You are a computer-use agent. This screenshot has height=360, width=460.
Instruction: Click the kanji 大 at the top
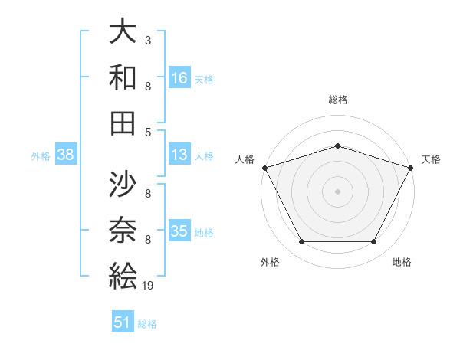123,32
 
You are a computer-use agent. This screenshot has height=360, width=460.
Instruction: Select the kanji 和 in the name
123,77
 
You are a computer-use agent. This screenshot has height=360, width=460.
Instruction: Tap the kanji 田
123,123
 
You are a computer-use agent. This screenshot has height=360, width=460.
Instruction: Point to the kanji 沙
123,185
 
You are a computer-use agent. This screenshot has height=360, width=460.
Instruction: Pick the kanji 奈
123,231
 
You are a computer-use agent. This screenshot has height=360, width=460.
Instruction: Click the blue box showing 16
180,77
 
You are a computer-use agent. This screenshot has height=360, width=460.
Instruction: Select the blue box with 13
180,155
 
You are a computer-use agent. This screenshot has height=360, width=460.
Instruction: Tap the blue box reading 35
180,231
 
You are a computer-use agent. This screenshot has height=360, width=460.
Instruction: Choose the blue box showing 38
65,155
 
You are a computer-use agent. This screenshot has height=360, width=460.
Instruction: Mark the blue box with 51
123,322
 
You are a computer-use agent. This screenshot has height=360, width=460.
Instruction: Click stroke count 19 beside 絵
148,286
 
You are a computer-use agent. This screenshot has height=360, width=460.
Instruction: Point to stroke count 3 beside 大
147,38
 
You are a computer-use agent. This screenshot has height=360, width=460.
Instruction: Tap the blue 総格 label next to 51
147,324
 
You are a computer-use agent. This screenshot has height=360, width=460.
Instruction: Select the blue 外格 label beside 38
41,156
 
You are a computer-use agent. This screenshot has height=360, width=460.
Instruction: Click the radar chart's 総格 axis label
337,100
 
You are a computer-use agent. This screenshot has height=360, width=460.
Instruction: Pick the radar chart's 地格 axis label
402,263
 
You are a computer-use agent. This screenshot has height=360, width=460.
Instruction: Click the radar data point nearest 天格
410,167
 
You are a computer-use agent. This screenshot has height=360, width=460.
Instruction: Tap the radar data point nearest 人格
264,167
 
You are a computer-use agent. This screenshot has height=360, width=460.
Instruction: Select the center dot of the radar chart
337,191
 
